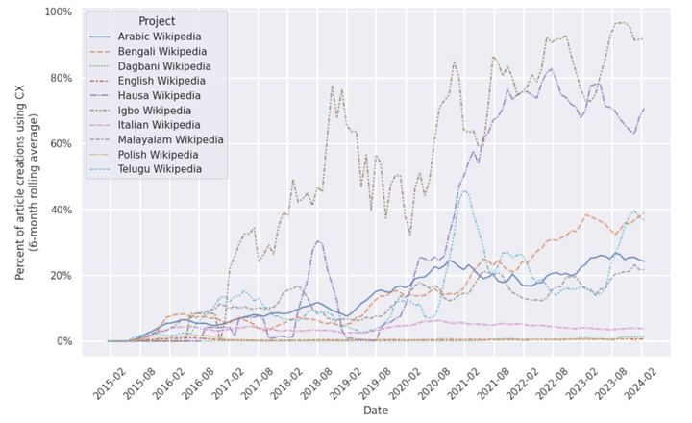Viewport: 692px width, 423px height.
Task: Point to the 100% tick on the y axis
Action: pyautogui.click(x=60, y=12)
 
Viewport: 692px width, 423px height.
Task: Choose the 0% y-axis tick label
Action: pyautogui.click(x=64, y=340)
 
